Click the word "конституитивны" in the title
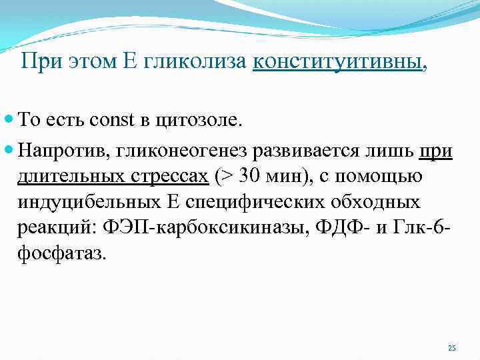click(x=337, y=63)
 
